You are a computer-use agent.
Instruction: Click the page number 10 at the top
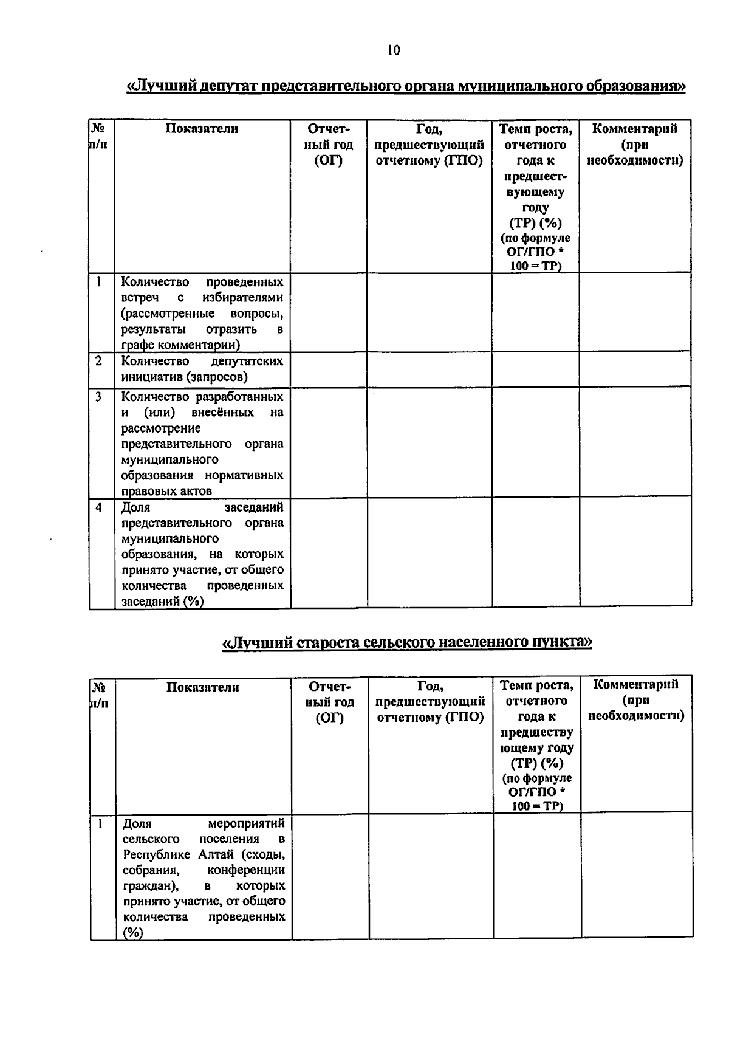[393, 50]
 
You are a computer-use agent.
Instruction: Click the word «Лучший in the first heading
[157, 86]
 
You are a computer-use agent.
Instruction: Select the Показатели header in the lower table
[203, 687]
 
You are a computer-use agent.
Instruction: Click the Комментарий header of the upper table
[634, 129]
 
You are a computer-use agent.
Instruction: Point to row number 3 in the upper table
[98, 397]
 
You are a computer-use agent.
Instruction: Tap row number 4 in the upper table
[98, 507]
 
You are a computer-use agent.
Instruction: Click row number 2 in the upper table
[98, 361]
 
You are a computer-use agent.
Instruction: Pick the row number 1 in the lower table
[100, 824]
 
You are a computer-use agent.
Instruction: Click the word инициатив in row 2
[152, 377]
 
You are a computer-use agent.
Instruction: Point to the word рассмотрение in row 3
[161, 428]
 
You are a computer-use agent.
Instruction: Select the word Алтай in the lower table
[215, 854]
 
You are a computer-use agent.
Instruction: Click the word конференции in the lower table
[250, 870]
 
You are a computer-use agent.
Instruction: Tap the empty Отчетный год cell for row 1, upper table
[329, 312]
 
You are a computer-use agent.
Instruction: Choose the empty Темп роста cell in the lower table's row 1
[536, 875]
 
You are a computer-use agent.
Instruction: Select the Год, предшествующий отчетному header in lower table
[430, 702]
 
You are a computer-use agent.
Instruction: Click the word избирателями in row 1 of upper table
[242, 298]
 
